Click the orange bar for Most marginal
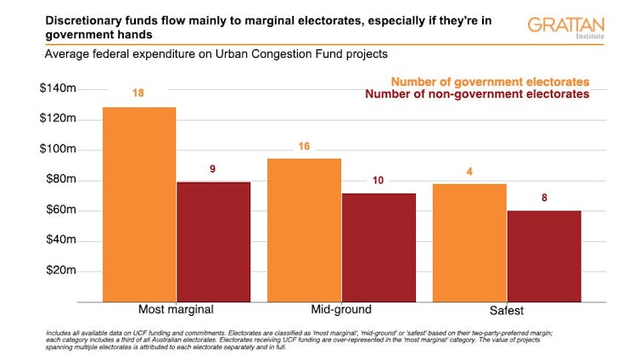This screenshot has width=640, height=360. tap(139, 204)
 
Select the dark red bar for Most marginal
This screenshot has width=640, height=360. tap(213, 241)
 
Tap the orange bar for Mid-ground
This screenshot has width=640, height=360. tap(304, 229)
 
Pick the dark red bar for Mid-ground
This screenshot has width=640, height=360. tap(378, 247)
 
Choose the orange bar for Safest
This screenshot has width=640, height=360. tap(469, 242)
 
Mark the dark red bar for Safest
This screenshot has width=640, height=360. tap(543, 256)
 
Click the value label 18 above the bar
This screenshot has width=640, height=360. tap(138, 93)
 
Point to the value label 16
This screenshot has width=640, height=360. tap(304, 146)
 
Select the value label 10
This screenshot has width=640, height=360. tap(378, 180)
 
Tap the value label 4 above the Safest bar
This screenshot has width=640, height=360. tap(469, 172)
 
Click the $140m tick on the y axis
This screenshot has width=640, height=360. tap(58, 88)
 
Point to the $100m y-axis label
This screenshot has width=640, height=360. tap(58, 149)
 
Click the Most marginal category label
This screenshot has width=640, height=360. tap(176, 309)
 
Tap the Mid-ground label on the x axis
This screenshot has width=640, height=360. tap(340, 309)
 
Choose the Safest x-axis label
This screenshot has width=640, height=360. tap(506, 309)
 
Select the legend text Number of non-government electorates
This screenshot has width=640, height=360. tap(476, 94)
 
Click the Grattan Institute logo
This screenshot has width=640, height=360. tap(565, 26)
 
